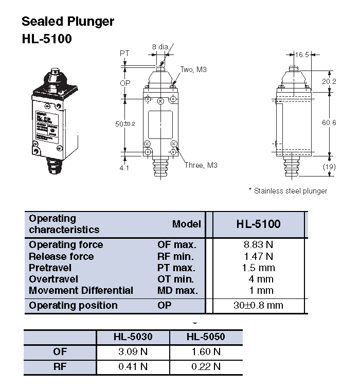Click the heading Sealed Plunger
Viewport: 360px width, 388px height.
[x=67, y=22]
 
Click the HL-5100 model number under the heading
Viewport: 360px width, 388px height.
[x=46, y=39]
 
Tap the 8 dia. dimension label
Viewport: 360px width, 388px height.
[x=160, y=47]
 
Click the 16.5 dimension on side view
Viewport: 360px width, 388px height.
[x=302, y=54]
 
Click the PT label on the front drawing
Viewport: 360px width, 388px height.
[x=124, y=54]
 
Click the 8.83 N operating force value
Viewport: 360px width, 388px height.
[x=258, y=245]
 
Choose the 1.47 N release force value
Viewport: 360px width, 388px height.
[x=258, y=256]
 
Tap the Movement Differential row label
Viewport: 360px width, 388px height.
[x=81, y=290]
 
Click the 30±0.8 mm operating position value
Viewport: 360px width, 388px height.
[x=258, y=305]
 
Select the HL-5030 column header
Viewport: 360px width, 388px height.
[x=133, y=337]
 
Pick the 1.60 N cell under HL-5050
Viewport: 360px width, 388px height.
[x=206, y=352]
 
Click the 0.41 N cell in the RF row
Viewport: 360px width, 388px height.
[x=133, y=367]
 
